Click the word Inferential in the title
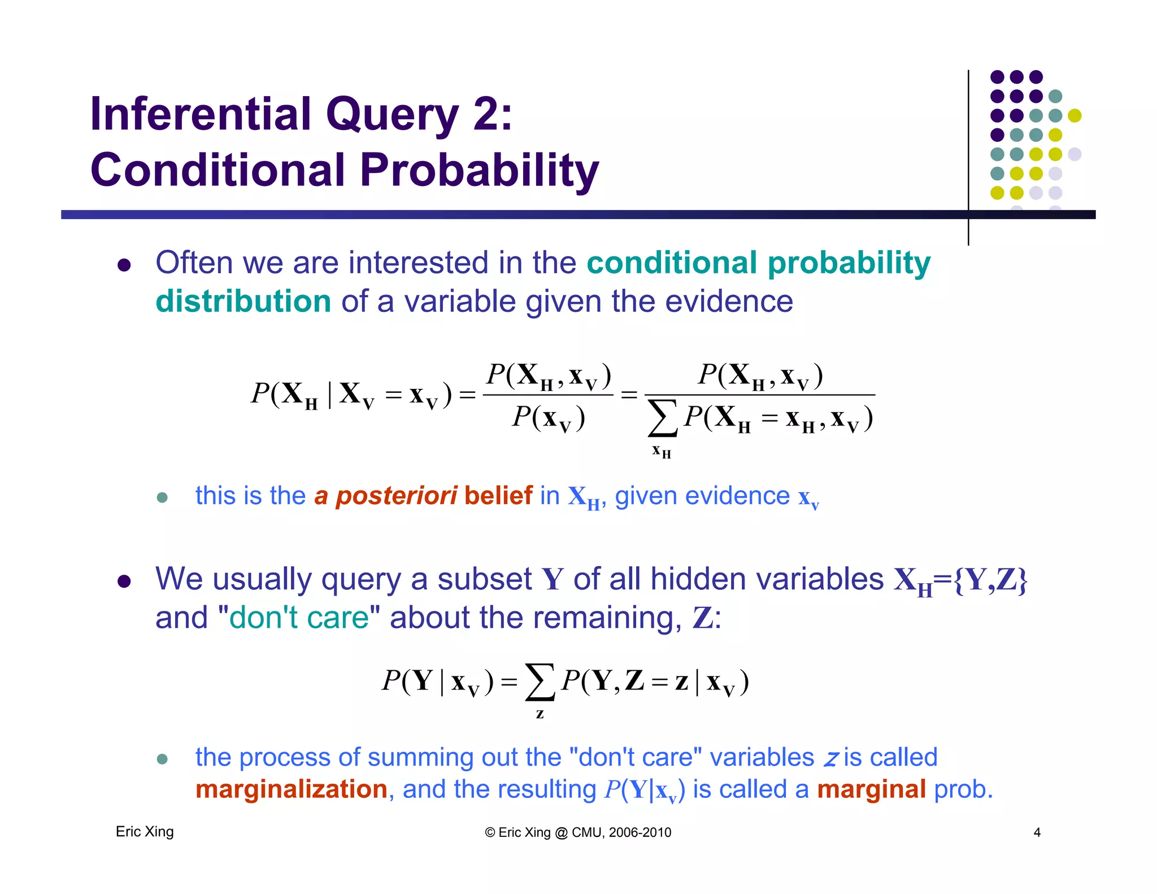(201, 114)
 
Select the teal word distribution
(243, 301)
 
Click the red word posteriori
(396, 496)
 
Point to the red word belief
(498, 496)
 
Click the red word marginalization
(291, 789)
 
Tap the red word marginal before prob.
(871, 789)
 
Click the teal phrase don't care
(299, 617)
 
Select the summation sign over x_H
(662, 418)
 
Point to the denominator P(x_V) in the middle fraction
(548, 419)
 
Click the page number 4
(1037, 832)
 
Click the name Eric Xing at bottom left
(145, 832)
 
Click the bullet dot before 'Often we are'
(124, 265)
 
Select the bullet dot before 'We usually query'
(124, 581)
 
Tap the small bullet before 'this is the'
(162, 497)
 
